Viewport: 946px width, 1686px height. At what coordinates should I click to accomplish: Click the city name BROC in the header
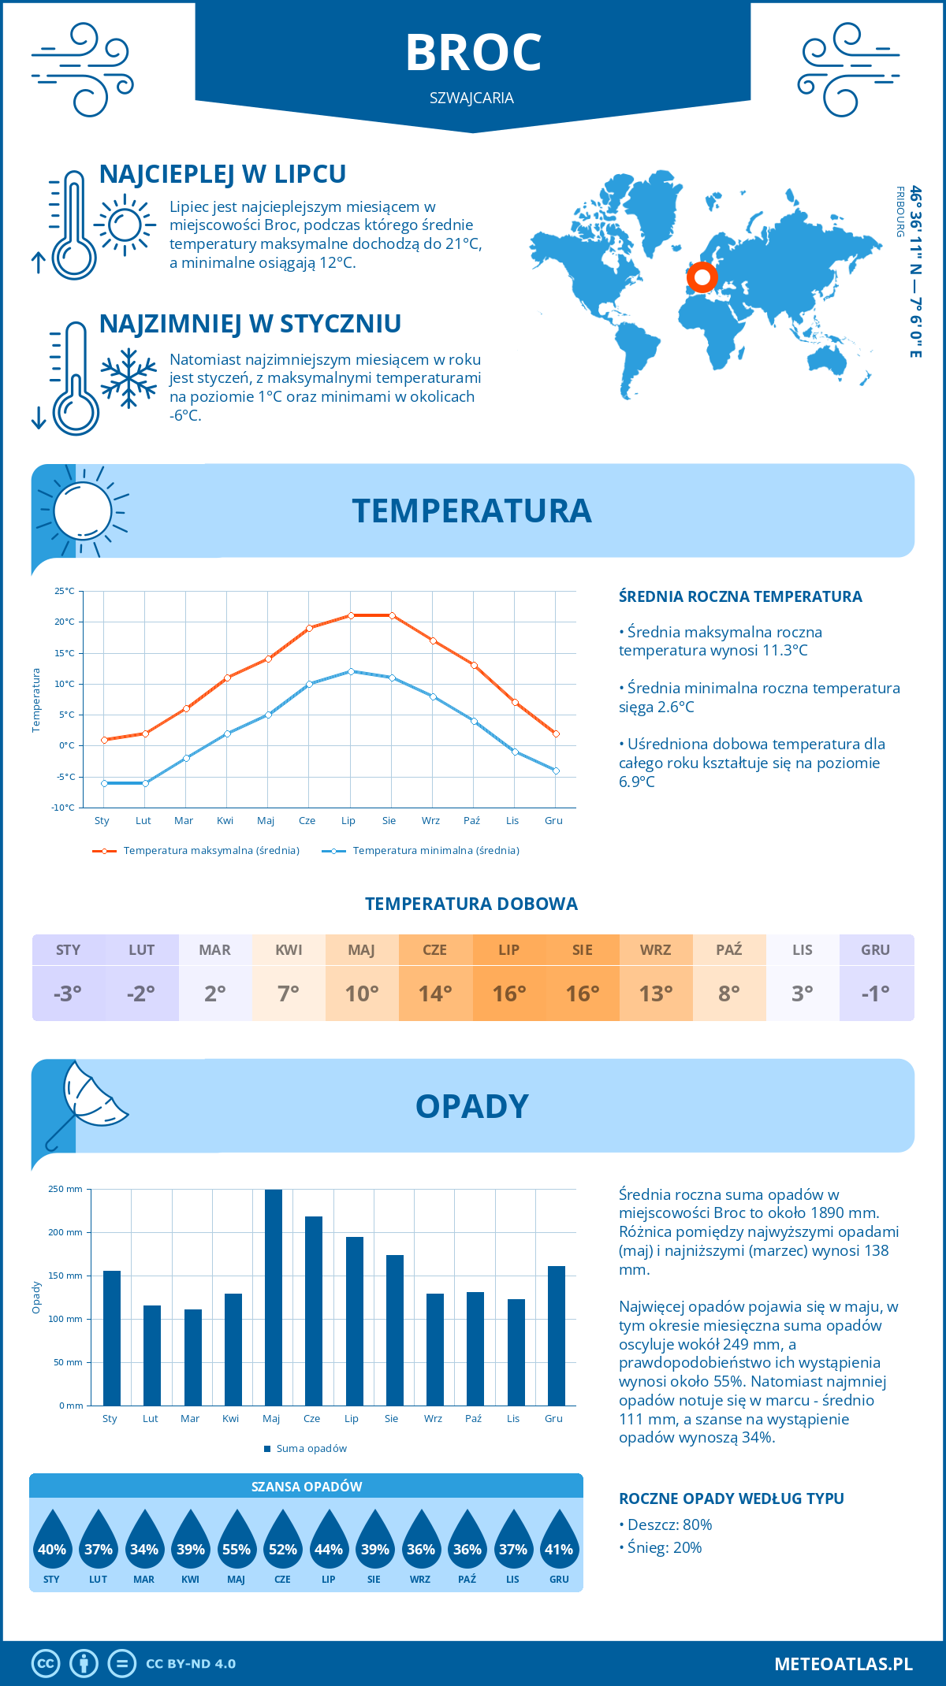(x=473, y=53)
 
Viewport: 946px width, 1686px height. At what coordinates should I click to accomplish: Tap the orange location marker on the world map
(x=701, y=277)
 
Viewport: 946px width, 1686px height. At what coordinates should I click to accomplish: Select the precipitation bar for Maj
(x=274, y=1297)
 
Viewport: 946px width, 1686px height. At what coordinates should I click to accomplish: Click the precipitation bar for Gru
(x=556, y=1335)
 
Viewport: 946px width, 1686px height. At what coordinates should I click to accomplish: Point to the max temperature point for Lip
(x=351, y=615)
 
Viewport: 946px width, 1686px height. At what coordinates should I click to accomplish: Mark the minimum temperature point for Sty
(x=104, y=783)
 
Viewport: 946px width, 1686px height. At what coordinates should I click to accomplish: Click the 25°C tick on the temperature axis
(x=65, y=591)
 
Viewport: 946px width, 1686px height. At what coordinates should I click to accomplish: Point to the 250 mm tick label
(x=65, y=1189)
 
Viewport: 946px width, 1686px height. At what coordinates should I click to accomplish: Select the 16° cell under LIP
(x=509, y=993)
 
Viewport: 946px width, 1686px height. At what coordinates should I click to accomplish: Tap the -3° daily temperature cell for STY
(x=69, y=993)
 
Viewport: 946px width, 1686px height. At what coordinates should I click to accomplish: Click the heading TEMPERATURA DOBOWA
(x=471, y=904)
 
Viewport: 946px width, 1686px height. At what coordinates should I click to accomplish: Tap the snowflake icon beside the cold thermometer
(x=128, y=377)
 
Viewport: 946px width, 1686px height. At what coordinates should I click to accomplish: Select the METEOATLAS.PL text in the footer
(x=844, y=1664)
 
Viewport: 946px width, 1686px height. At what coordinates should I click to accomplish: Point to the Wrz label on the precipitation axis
(x=433, y=1418)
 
